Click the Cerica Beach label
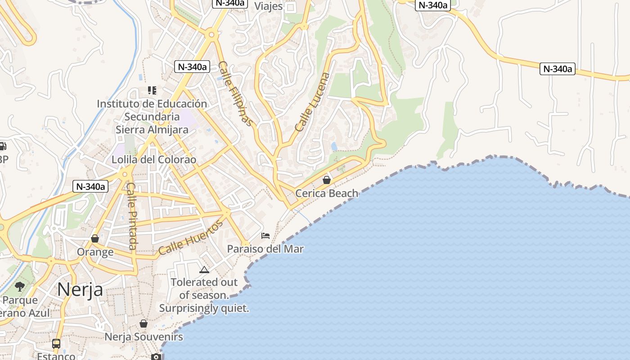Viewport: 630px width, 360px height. (327, 193)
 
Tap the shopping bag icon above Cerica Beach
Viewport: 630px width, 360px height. (327, 180)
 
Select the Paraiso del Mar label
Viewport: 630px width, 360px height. (265, 249)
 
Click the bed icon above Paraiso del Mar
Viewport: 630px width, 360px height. (265, 235)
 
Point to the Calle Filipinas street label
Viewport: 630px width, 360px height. (236, 94)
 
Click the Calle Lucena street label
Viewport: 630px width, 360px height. (312, 102)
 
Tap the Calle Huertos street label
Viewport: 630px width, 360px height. (190, 238)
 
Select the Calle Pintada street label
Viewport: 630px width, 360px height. (131, 216)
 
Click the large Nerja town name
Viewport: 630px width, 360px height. (80, 289)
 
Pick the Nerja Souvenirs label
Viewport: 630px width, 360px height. (144, 337)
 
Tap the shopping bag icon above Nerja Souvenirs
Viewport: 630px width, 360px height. (143, 324)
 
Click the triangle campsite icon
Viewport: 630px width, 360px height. (204, 270)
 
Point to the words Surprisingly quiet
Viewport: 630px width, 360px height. (204, 309)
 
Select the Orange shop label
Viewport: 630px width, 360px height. (95, 252)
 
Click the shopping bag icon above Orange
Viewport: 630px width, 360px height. (95, 238)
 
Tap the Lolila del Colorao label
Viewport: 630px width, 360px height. (154, 160)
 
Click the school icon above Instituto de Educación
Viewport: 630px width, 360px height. (152, 90)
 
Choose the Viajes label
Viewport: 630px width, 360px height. (269, 6)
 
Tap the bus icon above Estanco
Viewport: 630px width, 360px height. (56, 344)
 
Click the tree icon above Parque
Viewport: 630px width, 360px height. (20, 287)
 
